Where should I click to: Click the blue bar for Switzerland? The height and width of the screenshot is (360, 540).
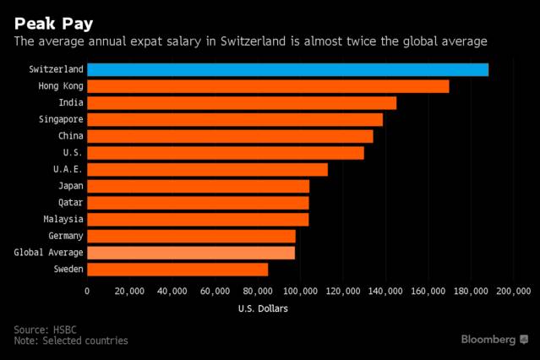[287, 69]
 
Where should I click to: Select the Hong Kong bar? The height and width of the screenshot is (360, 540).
[268, 86]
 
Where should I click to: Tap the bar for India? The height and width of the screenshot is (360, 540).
[242, 102]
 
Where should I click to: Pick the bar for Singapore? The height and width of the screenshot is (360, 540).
[235, 119]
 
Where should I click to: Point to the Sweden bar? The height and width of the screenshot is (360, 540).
[177, 269]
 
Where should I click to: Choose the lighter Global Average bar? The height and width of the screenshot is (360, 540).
[191, 252]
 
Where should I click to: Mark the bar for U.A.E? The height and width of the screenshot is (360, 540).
[207, 169]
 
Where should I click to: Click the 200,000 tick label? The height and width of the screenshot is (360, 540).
[512, 291]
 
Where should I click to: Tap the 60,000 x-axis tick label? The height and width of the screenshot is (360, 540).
[215, 291]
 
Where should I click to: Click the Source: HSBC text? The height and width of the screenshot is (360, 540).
[44, 329]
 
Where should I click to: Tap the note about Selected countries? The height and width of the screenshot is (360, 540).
[71, 341]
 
